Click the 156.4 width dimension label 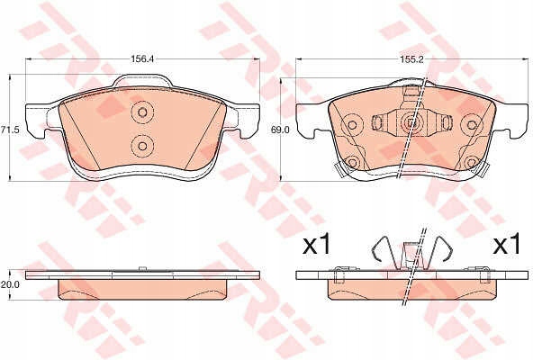click(143, 58)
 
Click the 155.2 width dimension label click(411, 59)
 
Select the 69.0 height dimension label click(279, 130)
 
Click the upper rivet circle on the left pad click(142, 112)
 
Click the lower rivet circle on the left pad click(142, 146)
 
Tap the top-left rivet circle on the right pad click(352, 125)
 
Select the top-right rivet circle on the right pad click(471, 125)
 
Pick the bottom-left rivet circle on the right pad click(352, 163)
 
